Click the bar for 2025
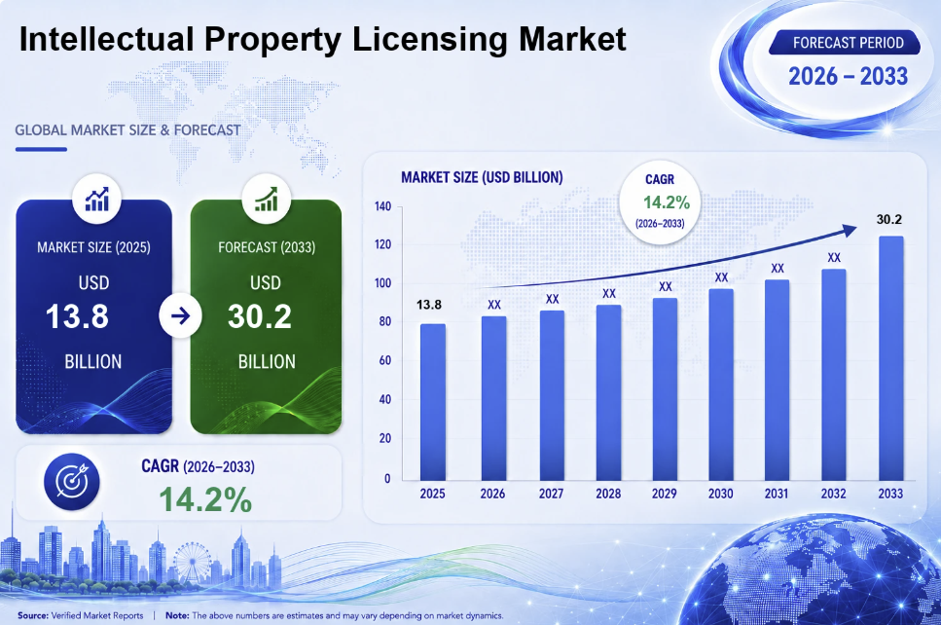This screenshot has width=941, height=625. point(433,402)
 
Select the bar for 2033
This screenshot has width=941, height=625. point(891,358)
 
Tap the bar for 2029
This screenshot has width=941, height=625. point(665,389)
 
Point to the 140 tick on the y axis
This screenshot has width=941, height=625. point(382,206)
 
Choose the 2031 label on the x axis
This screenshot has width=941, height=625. point(776,494)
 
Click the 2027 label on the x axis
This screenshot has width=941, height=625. point(551,494)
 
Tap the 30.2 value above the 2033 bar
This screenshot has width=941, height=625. point(888,220)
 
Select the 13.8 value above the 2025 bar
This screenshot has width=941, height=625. point(429,305)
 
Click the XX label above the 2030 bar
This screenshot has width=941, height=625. point(721,277)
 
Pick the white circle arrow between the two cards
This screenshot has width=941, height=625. point(180,315)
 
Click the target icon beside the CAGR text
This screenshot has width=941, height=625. point(72,482)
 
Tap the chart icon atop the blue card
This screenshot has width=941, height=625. point(96,200)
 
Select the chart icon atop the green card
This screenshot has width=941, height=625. point(266,200)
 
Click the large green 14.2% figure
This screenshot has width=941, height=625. point(206,499)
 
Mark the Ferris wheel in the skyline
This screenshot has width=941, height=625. point(192,563)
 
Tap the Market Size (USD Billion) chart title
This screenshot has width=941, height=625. point(482,178)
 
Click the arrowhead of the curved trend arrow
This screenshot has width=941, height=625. point(850,231)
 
